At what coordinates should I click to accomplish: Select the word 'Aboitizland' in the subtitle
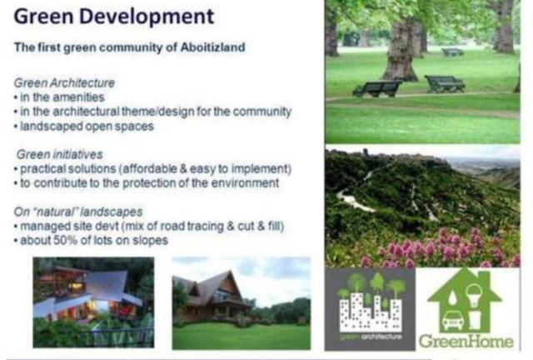click(212, 47)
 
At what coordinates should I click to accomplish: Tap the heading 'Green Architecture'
click(64, 82)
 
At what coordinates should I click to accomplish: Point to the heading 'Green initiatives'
click(59, 154)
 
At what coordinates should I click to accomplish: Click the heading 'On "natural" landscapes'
click(78, 212)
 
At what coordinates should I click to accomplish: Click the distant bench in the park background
click(452, 52)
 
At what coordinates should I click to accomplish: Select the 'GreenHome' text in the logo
click(466, 342)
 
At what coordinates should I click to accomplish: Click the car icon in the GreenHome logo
click(452, 319)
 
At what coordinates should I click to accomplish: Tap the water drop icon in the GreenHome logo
click(452, 297)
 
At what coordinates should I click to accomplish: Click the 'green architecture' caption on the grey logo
click(371, 337)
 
